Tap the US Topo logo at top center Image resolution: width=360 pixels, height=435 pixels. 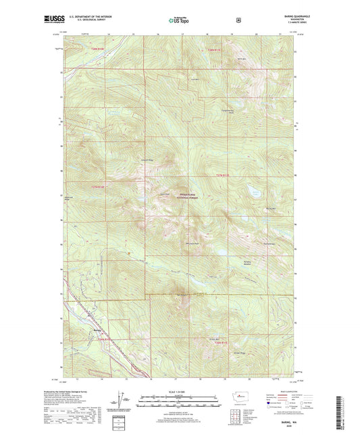click(179, 20)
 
